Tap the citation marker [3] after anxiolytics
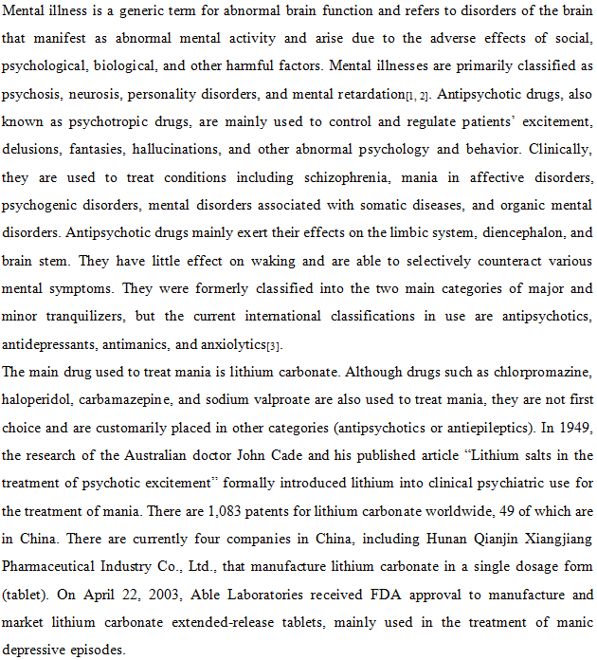[x=273, y=344]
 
